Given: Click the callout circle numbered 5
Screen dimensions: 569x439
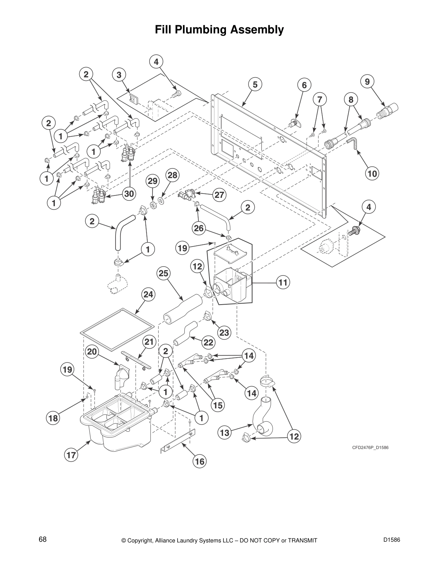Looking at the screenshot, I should click(255, 85).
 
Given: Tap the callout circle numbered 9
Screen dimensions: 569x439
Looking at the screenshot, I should click(367, 82).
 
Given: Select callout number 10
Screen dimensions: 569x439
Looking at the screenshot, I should click(372, 174).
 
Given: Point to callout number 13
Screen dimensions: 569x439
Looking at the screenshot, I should click(225, 433).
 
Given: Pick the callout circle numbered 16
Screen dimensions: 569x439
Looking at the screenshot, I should click(200, 461).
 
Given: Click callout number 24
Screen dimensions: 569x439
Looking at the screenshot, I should click(148, 295).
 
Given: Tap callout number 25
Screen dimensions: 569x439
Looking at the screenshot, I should click(163, 273).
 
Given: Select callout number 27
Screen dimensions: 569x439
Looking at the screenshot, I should click(219, 195).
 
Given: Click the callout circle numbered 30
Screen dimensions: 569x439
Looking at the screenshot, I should click(129, 194).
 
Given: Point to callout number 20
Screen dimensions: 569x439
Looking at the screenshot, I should click(92, 352).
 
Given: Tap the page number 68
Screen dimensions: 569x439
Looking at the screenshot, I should click(43, 540).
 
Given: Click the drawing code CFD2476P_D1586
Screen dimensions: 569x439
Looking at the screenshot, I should click(370, 448).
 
